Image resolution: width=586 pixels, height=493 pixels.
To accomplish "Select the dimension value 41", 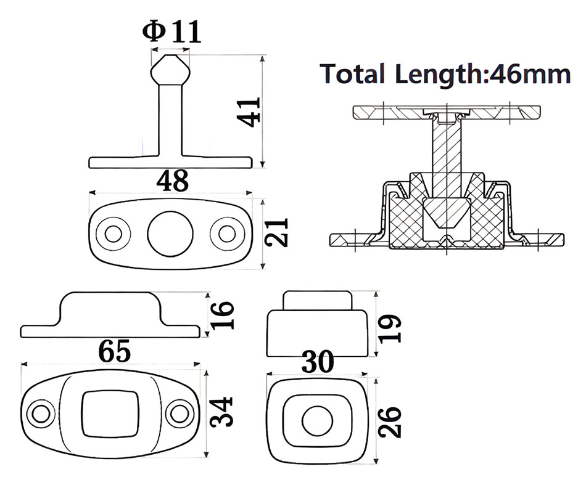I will tap(250, 112).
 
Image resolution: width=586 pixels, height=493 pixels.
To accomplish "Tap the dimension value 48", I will tap(171, 181).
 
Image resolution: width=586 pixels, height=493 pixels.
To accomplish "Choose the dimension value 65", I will tap(115, 352).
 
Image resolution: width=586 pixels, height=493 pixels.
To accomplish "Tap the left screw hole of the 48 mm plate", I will tap(113, 234).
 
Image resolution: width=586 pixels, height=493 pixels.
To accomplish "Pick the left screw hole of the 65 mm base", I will tap(42, 412).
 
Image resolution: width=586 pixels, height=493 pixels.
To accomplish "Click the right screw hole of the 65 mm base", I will tap(180, 412).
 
